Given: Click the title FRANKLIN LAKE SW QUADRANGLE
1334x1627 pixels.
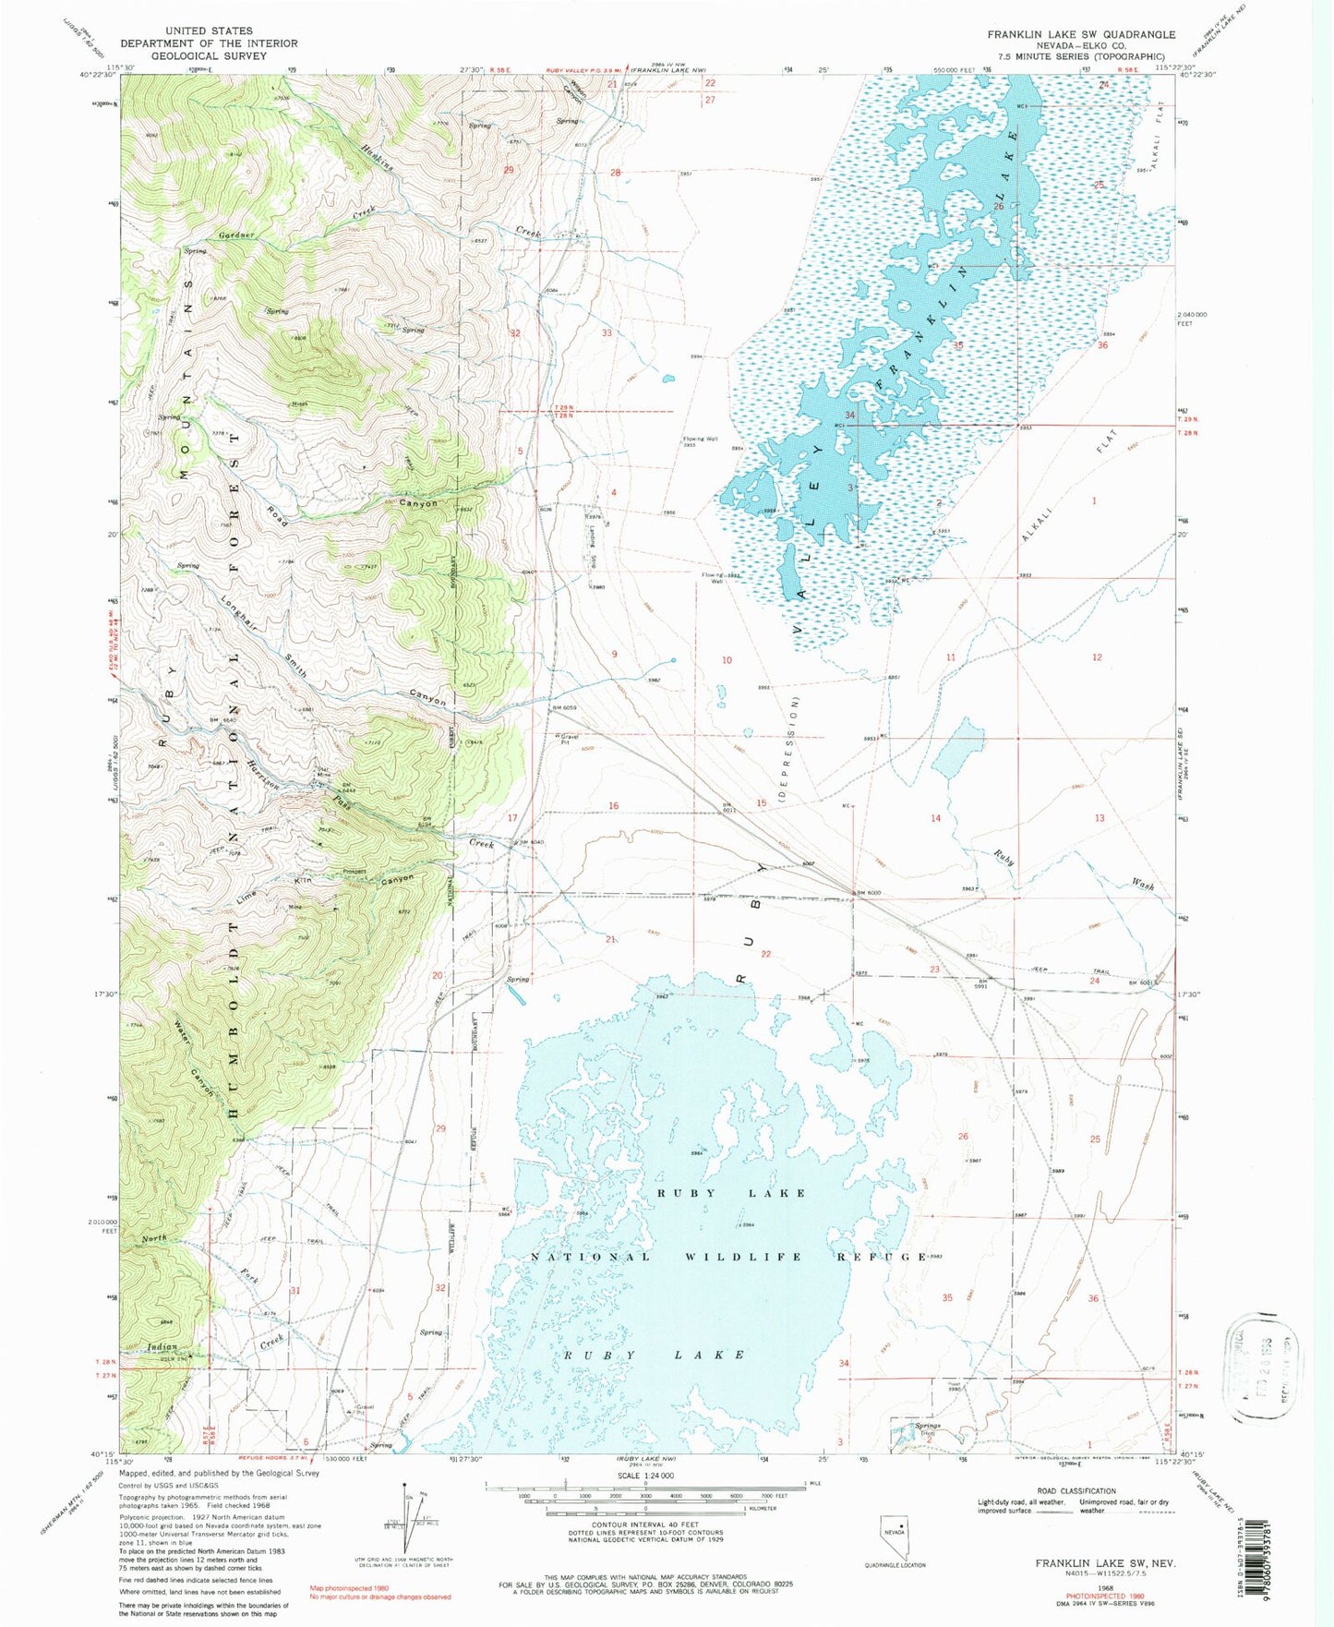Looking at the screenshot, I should pos(1081,34).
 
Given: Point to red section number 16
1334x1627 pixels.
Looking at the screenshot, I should pos(613,806).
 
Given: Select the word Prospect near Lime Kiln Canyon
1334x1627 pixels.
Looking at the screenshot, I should pos(355,871).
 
